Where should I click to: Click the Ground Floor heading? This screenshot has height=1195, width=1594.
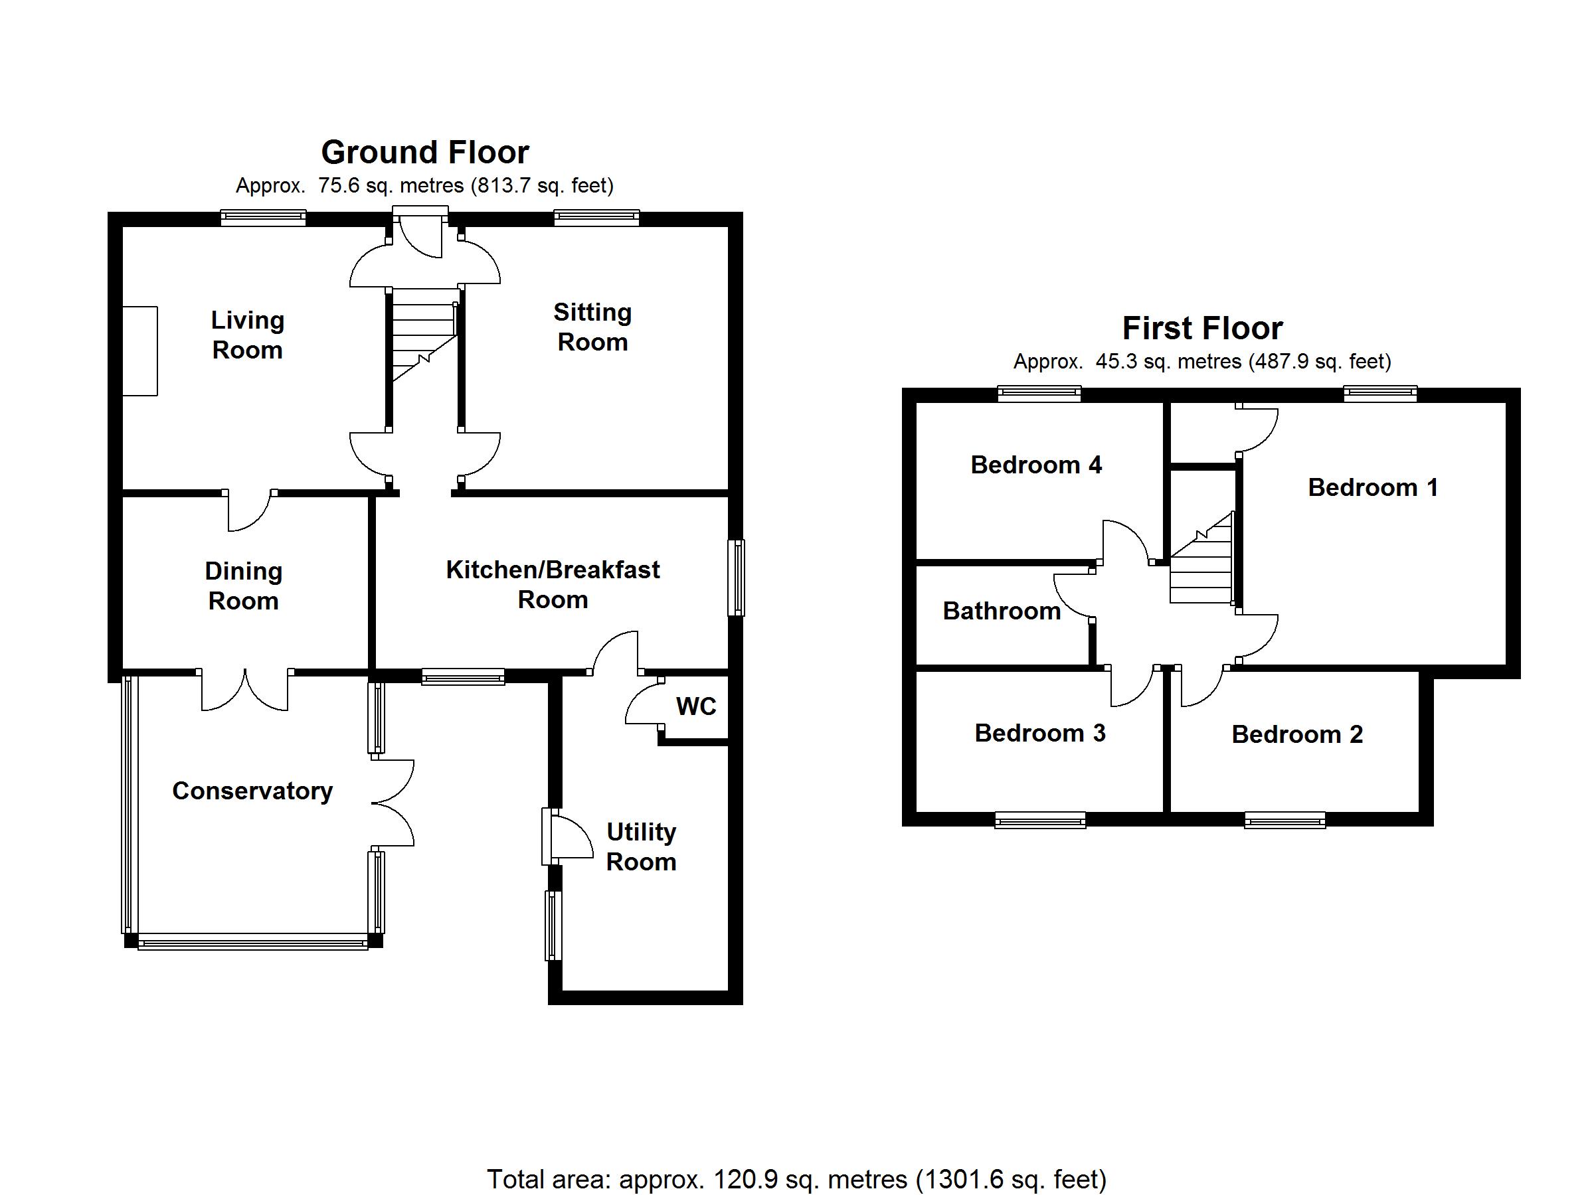tap(424, 153)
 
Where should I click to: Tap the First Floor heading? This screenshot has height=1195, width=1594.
tap(1202, 329)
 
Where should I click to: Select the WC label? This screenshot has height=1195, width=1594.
tap(695, 706)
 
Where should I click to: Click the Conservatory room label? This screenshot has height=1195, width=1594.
tap(252, 791)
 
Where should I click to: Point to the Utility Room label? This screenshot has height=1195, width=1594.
tap(641, 847)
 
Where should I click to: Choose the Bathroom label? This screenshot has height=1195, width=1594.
tap(1001, 611)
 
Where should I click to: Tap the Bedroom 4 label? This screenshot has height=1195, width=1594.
tap(1035, 465)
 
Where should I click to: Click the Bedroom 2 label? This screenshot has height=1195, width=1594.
tap(1296, 734)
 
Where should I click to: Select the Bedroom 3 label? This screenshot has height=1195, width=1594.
tap(1039, 732)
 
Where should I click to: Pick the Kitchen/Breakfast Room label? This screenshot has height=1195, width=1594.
tap(553, 584)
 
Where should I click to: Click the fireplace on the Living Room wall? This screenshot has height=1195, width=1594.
tap(139, 351)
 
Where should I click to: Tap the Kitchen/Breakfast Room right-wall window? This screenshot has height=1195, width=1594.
tap(736, 578)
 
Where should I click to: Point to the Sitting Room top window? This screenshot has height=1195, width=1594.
tap(596, 217)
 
